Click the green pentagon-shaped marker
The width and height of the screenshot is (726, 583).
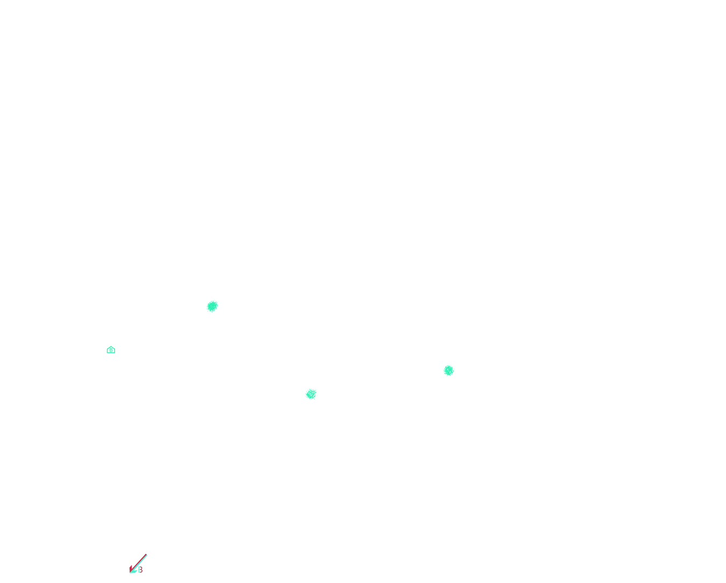111,350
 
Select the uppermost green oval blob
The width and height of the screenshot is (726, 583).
212,306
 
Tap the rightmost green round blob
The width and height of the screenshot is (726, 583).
449,370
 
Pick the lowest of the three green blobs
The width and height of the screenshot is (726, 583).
311,394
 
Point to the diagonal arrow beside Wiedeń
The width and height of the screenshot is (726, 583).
138,564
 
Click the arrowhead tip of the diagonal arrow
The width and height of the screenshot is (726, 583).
130,572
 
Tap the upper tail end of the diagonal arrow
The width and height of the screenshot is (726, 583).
147,555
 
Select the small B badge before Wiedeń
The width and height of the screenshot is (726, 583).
140,570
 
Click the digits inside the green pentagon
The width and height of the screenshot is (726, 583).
111,350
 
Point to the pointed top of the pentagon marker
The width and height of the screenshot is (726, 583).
111,346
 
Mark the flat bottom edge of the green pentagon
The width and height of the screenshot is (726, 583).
111,354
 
